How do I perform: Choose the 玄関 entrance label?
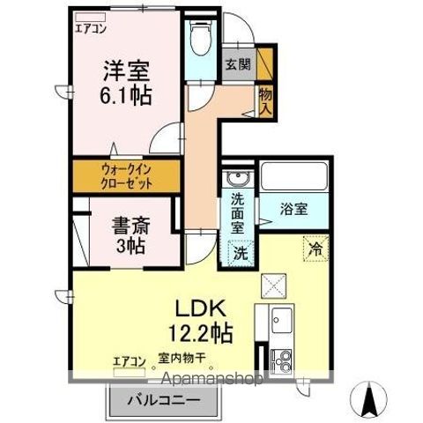click(x=235, y=64)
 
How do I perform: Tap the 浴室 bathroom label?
click(x=293, y=210)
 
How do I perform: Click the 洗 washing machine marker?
click(x=240, y=252)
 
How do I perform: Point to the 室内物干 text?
click(x=182, y=359)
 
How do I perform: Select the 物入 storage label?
click(x=263, y=100)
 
